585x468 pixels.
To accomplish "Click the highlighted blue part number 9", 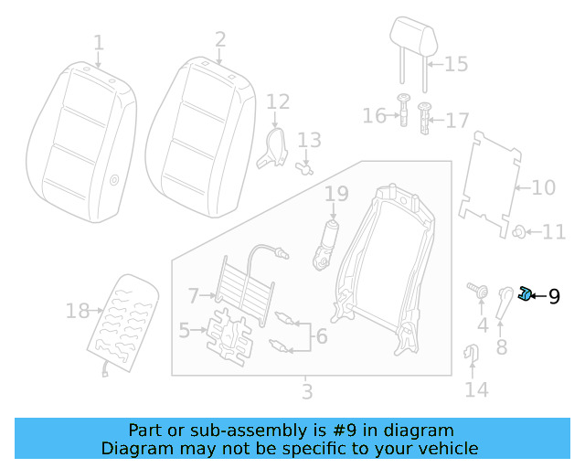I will (x=526, y=293).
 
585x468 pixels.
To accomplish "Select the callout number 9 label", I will (x=554, y=295).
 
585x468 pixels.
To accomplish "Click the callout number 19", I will (x=336, y=194).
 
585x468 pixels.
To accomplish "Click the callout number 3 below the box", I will (x=307, y=392).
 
